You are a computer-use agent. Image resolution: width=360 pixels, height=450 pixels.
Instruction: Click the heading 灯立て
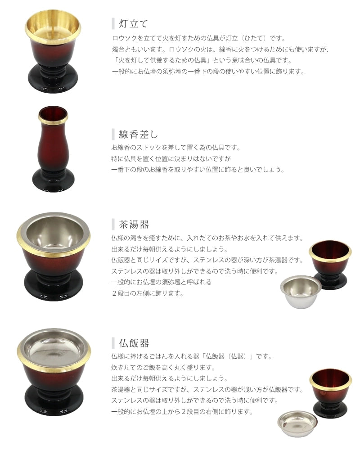(134, 23)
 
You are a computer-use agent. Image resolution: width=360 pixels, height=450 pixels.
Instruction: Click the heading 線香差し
(138, 134)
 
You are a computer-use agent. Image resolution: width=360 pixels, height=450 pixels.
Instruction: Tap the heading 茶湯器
(134, 225)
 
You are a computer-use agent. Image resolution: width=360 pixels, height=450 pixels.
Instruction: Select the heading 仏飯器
(134, 343)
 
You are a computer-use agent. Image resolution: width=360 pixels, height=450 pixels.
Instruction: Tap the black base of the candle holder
(53, 79)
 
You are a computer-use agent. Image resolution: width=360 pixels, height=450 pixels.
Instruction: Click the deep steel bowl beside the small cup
(301, 291)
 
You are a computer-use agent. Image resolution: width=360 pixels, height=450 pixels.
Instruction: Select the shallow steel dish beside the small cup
(297, 423)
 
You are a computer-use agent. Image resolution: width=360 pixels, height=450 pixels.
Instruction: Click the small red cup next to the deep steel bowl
(331, 263)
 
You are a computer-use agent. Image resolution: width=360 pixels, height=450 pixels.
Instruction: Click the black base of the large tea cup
(54, 286)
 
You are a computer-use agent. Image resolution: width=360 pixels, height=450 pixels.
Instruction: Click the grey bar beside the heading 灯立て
(113, 23)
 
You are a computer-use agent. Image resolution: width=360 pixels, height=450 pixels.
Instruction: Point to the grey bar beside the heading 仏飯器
(113, 343)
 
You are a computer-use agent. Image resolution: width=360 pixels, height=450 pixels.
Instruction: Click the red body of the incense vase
(53, 146)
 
